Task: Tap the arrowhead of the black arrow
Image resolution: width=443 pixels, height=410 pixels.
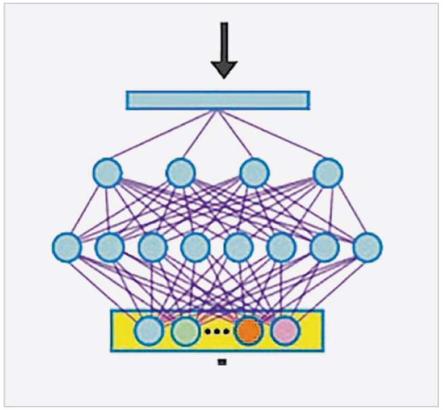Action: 224,68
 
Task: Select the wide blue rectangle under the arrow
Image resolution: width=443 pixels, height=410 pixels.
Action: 217,100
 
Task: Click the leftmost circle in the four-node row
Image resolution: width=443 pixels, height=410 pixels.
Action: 107,173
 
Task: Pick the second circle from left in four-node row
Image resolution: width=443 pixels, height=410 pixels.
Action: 181,173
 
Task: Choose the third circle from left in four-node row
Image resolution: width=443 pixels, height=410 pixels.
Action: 254,173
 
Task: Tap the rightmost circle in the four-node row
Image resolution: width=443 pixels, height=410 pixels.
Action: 328,173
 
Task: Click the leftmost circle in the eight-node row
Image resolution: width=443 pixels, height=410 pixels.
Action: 66,247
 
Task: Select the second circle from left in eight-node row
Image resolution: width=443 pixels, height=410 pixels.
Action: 109,247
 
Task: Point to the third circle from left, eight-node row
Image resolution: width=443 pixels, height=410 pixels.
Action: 152,247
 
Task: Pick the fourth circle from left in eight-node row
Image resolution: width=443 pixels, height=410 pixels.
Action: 195,247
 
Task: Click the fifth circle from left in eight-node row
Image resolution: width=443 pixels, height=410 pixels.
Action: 238,247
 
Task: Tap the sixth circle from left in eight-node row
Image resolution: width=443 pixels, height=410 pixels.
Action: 281,247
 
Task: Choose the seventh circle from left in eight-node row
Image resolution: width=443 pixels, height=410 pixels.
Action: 324,247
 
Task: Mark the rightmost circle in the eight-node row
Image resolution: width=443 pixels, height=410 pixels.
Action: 367,247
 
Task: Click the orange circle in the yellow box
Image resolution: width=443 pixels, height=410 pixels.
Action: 248,332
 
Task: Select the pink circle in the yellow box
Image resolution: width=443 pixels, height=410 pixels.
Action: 285,332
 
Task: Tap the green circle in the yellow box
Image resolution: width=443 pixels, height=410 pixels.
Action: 185,332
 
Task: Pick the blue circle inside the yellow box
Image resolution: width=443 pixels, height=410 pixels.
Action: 149,332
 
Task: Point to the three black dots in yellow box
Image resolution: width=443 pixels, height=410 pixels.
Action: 217,332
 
